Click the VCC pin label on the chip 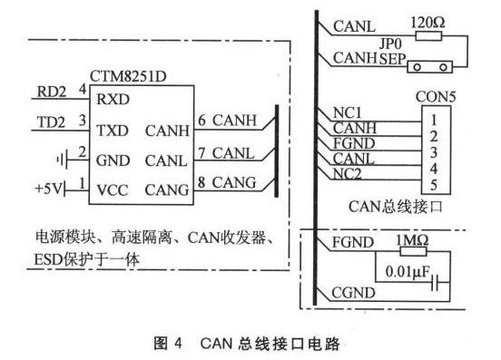[113, 190]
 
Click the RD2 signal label [51, 91]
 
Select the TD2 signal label [51, 120]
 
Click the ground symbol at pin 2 [59, 160]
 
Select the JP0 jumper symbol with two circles [428, 66]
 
